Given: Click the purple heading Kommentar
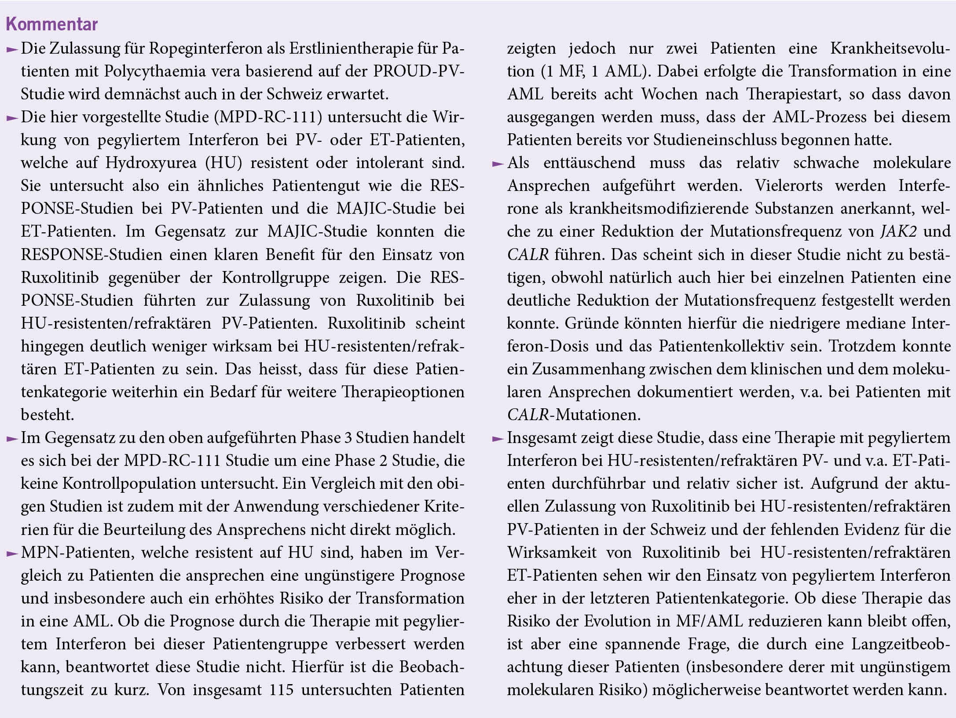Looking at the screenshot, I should tap(51, 24).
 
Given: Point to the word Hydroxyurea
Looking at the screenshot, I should tap(151, 163).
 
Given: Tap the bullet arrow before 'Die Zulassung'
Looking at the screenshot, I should tap(12, 49).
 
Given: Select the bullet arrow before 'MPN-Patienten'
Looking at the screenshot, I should tap(12, 553).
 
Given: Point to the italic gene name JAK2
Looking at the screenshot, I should tap(898, 231).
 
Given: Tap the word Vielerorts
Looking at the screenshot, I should tap(789, 186).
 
